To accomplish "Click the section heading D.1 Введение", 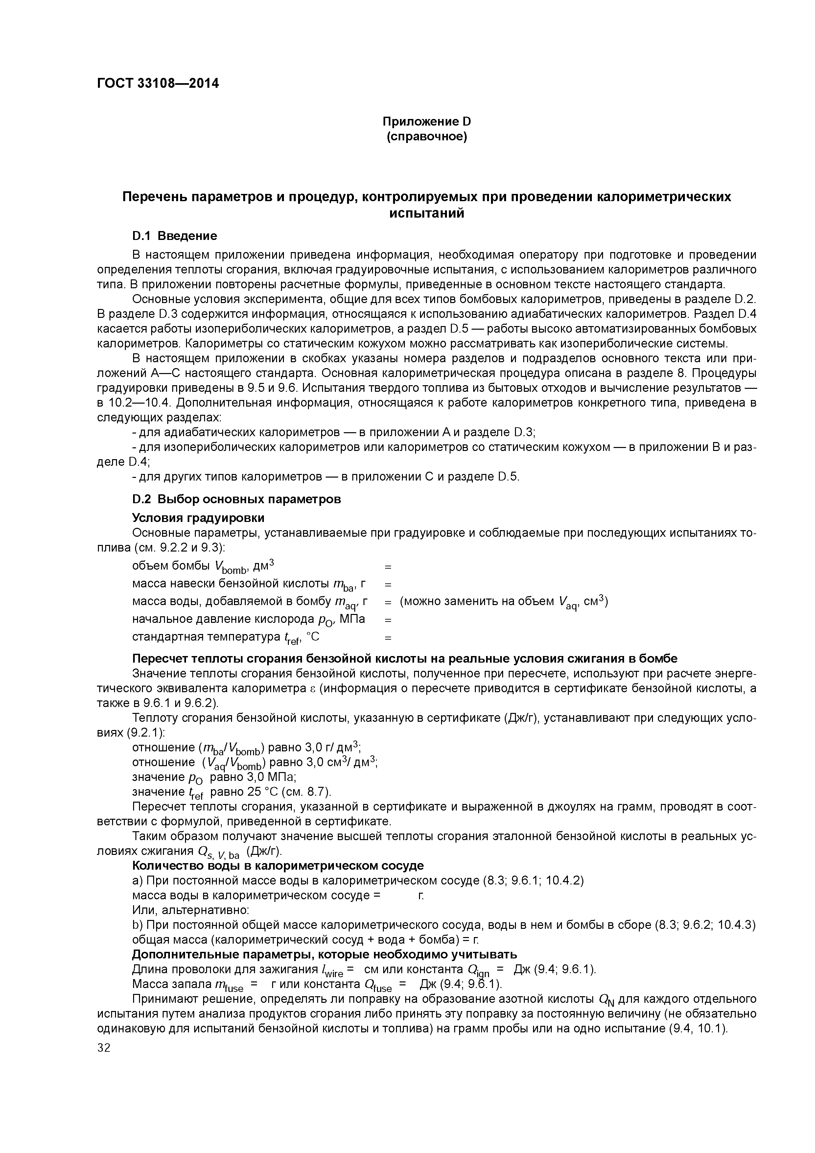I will (x=174, y=236).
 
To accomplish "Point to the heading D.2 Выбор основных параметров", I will (x=236, y=499).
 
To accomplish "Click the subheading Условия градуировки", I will (x=198, y=517).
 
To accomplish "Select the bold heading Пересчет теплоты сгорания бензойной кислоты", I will (x=404, y=658).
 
